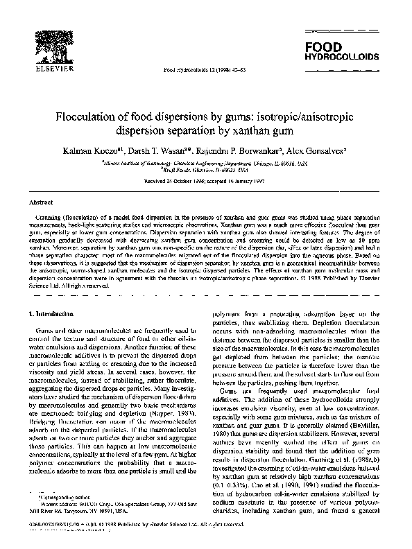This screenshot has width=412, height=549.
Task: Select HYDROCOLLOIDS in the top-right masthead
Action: [x=338, y=56]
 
